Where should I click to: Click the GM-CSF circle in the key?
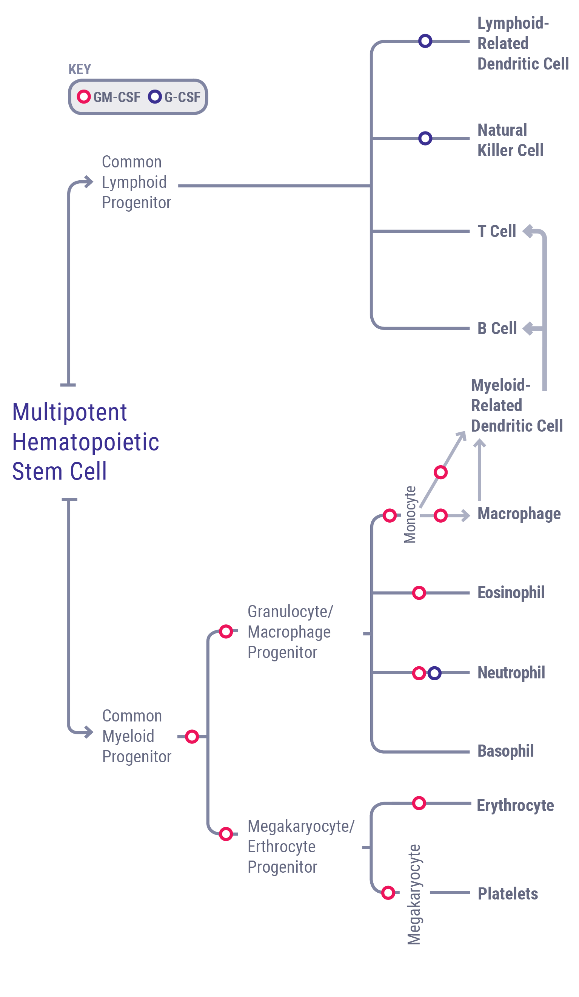click(x=83, y=96)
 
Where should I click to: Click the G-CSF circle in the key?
click(x=154, y=96)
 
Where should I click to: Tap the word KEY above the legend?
click(x=79, y=69)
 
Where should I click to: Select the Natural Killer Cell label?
click(x=510, y=140)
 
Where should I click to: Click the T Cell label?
click(x=496, y=231)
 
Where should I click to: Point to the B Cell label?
click(x=496, y=328)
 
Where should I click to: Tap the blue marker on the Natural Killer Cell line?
click(x=425, y=138)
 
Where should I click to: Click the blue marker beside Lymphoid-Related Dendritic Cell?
click(x=425, y=41)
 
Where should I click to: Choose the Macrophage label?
click(x=519, y=514)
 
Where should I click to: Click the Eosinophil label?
click(x=511, y=593)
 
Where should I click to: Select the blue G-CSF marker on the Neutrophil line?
click(x=434, y=673)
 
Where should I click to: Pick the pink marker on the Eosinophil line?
click(x=419, y=593)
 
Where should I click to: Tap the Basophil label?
click(x=505, y=751)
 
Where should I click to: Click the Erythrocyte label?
click(x=515, y=805)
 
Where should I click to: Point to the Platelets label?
click(x=507, y=894)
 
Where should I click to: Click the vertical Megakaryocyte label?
click(x=414, y=894)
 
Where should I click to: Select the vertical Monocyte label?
click(x=410, y=514)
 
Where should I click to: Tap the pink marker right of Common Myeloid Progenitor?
click(x=192, y=737)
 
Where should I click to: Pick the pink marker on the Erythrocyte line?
click(x=419, y=803)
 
